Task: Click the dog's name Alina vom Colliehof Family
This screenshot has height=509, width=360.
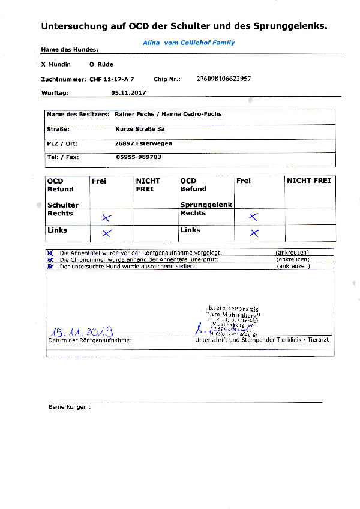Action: coord(188,43)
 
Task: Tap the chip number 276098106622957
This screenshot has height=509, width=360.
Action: coord(223,79)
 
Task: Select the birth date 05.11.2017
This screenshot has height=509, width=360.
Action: coord(128,93)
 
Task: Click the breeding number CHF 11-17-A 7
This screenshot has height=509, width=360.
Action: coord(112,79)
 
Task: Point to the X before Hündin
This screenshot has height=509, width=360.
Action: coord(43,64)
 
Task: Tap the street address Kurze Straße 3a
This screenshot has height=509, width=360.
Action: coord(140,129)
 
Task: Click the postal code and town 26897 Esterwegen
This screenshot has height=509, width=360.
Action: coord(143,143)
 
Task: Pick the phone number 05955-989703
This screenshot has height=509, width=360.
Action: coord(138,157)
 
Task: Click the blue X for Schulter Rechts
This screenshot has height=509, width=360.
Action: coord(106,217)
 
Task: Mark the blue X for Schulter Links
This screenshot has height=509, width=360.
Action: coord(106,233)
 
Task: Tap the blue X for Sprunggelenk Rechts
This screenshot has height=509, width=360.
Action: coord(253,217)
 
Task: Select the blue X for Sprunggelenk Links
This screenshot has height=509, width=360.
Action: coord(254,233)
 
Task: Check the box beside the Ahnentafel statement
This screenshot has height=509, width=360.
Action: coord(50,253)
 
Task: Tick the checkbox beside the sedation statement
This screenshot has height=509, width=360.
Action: coord(50,266)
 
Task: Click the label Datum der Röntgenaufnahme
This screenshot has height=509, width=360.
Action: coord(89,340)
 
